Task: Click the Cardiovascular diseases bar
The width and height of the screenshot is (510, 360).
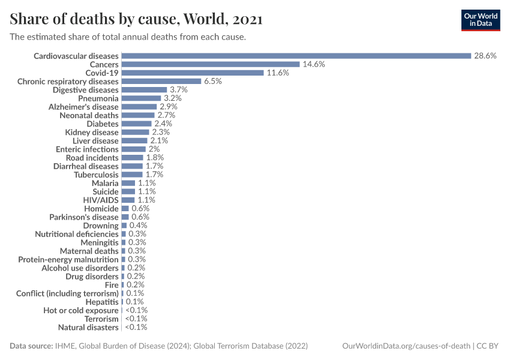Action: (296, 56)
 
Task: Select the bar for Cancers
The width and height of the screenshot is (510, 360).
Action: (210, 64)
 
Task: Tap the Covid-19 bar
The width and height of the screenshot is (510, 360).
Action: (192, 73)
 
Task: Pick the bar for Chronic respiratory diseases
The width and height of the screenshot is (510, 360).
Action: (161, 81)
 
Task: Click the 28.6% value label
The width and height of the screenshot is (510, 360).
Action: (485, 56)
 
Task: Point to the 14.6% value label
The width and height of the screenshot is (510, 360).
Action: (313, 64)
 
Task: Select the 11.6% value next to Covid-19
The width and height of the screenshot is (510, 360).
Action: (277, 73)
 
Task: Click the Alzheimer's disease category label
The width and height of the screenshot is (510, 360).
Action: (83, 106)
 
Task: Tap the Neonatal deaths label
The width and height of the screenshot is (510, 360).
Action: (89, 115)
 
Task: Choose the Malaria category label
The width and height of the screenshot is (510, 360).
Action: (105, 182)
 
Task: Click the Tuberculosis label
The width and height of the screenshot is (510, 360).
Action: (96, 174)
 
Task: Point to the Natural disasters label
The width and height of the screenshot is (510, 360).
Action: (88, 327)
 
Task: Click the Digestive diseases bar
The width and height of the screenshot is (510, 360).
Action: (144, 89)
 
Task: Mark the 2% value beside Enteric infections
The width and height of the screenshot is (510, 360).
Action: (154, 149)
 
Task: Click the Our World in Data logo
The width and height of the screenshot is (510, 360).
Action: (481, 19)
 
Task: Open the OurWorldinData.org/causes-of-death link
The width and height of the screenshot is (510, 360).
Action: (406, 346)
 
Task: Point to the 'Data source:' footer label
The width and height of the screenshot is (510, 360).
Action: (31, 346)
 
